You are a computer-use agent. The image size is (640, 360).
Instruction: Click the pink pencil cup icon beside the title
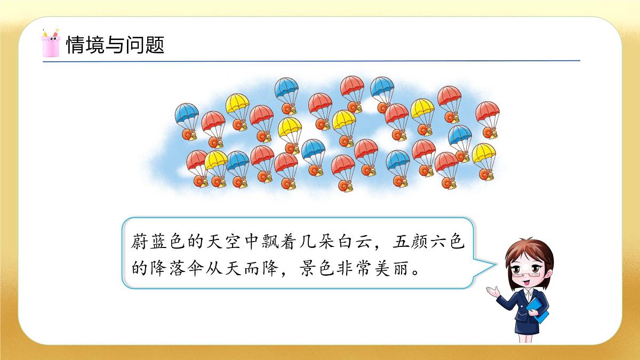[50, 44]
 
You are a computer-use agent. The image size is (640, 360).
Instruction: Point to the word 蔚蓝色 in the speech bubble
[156, 243]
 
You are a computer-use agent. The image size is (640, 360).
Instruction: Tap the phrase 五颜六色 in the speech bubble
[430, 243]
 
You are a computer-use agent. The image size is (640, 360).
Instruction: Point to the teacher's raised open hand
[492, 291]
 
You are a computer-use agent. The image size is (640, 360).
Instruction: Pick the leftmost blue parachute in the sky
[187, 113]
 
